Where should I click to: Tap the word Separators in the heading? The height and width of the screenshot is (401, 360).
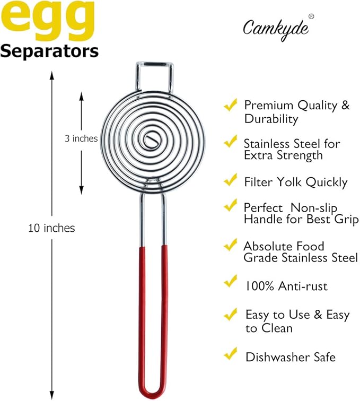(x=49, y=51)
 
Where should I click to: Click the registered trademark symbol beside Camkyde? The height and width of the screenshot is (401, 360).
(x=311, y=16)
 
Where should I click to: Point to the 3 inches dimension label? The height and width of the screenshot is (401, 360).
(x=81, y=138)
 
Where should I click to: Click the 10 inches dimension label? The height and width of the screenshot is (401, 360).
(x=51, y=229)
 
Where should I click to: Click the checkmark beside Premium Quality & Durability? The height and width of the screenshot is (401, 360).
(x=230, y=106)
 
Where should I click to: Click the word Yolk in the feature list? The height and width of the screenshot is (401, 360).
(x=292, y=182)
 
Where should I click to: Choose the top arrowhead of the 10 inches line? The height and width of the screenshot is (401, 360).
(x=51, y=75)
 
